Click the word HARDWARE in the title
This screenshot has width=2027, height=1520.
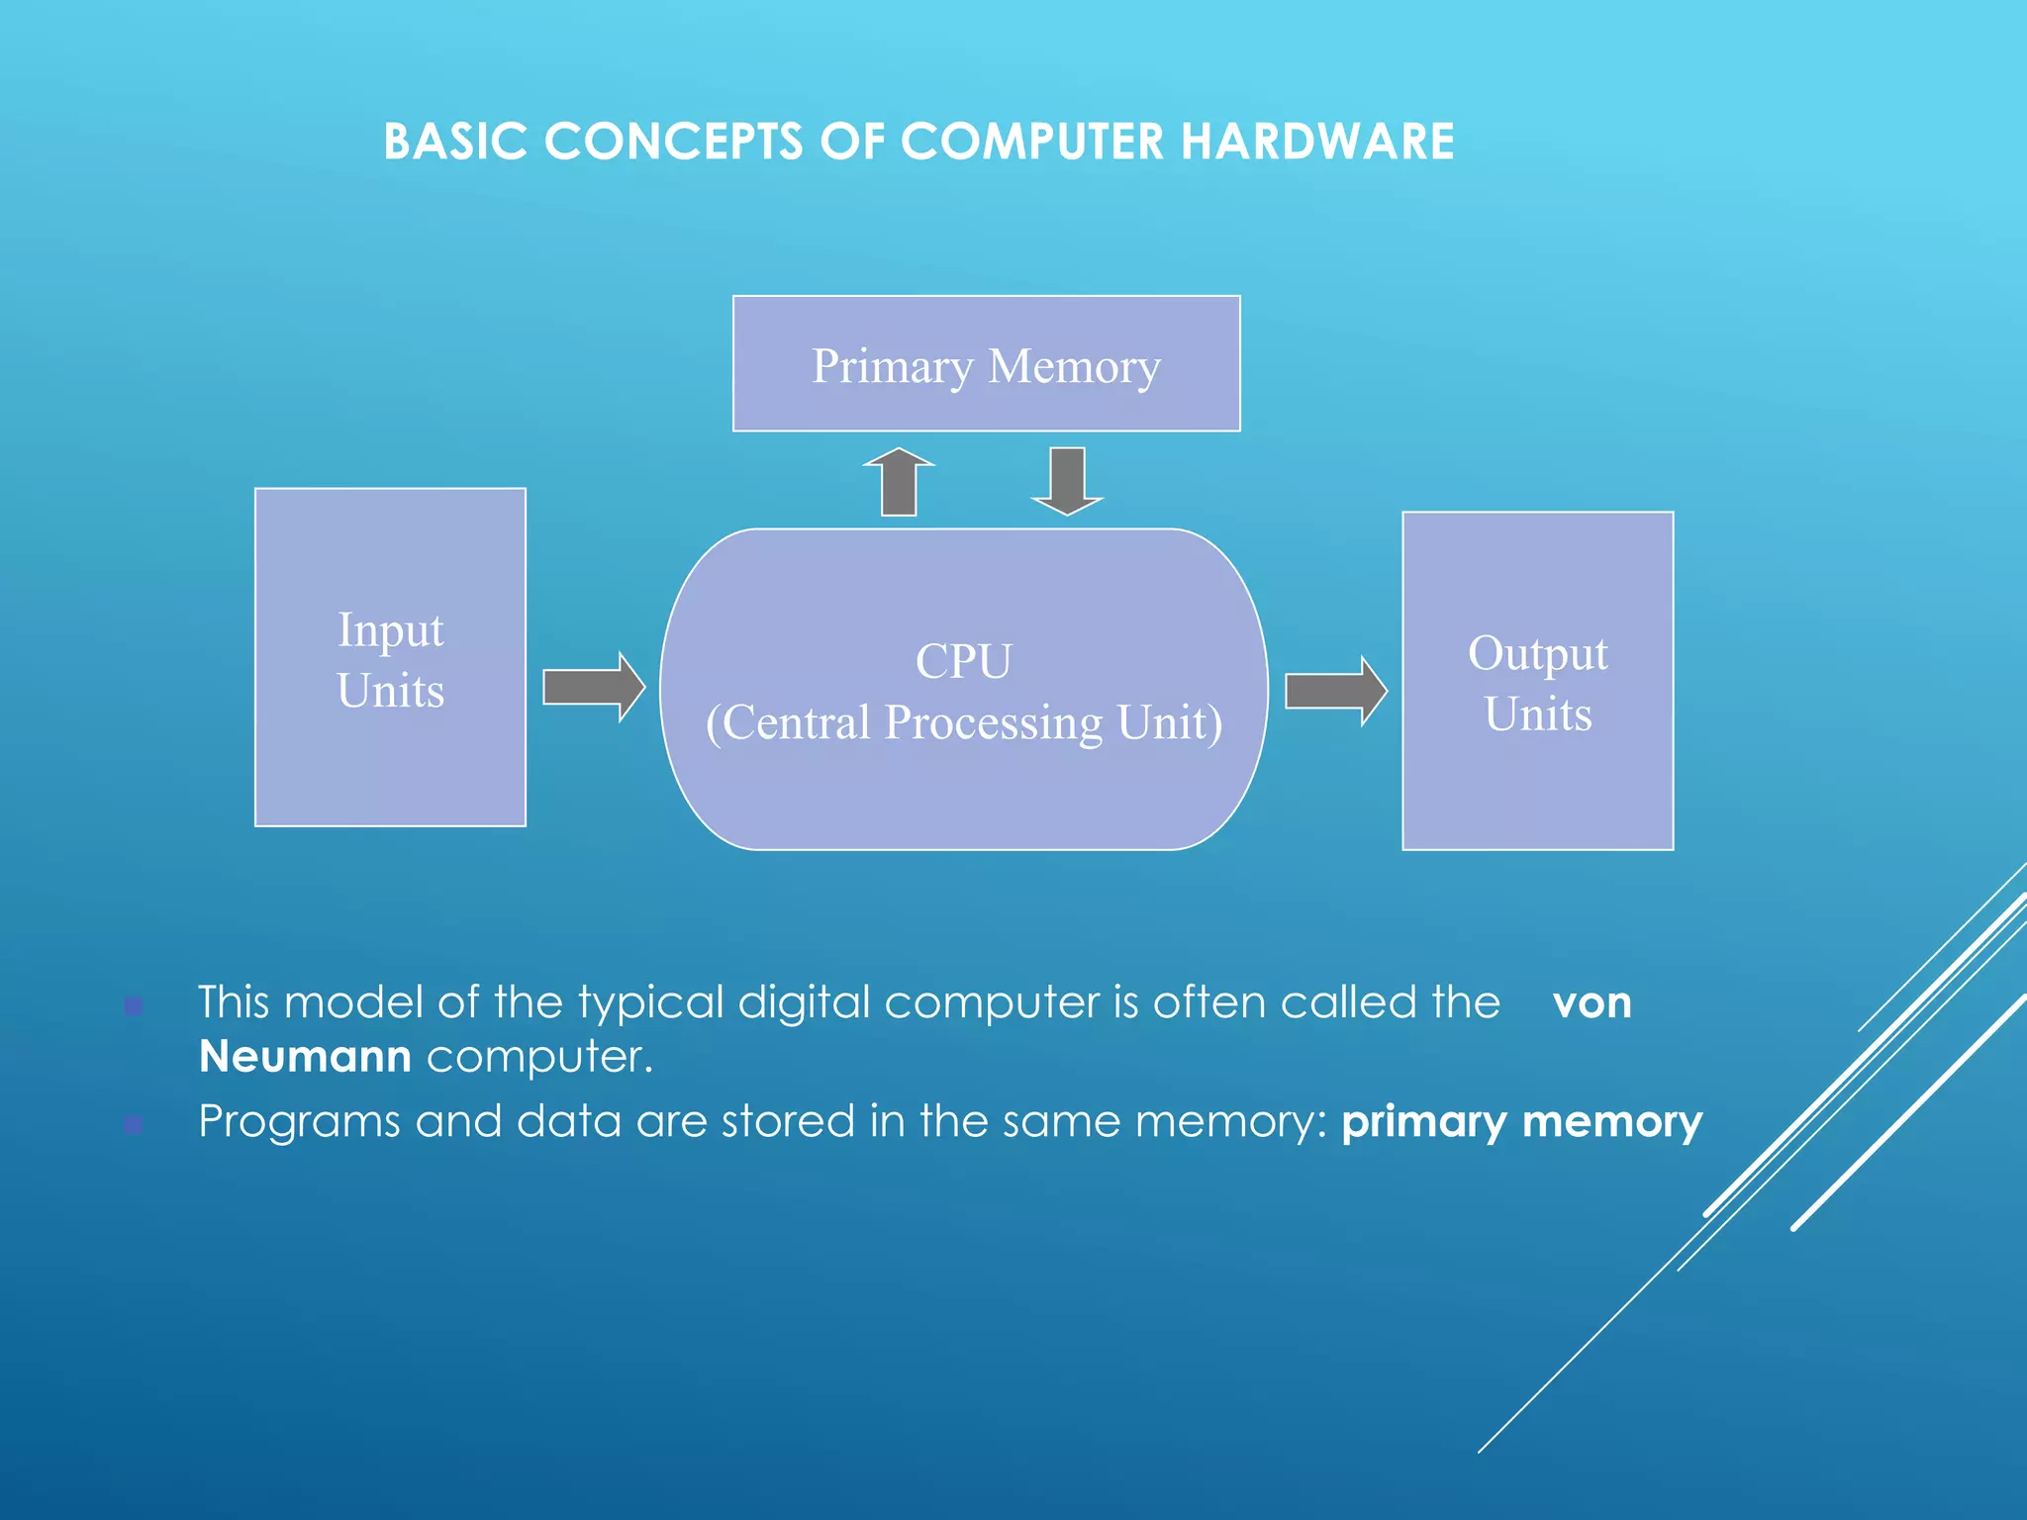pyautogui.click(x=1317, y=142)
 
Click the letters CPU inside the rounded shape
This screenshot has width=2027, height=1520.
pyautogui.click(x=963, y=661)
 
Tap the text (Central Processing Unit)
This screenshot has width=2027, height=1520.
pyautogui.click(x=963, y=722)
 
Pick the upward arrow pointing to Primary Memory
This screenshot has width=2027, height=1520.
pyautogui.click(x=899, y=482)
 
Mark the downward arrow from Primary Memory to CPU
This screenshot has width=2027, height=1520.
pyautogui.click(x=1067, y=481)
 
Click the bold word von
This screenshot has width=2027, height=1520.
pyautogui.click(x=1592, y=1002)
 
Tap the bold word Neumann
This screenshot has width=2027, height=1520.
pyautogui.click(x=305, y=1057)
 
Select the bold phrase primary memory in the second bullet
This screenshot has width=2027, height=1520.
pyautogui.click(x=1521, y=1122)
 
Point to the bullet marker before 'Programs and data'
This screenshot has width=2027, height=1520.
pyautogui.click(x=134, y=1125)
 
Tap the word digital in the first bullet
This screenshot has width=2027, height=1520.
pyautogui.click(x=803, y=1002)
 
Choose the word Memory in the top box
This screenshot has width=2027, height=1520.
pyautogui.click(x=1074, y=366)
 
